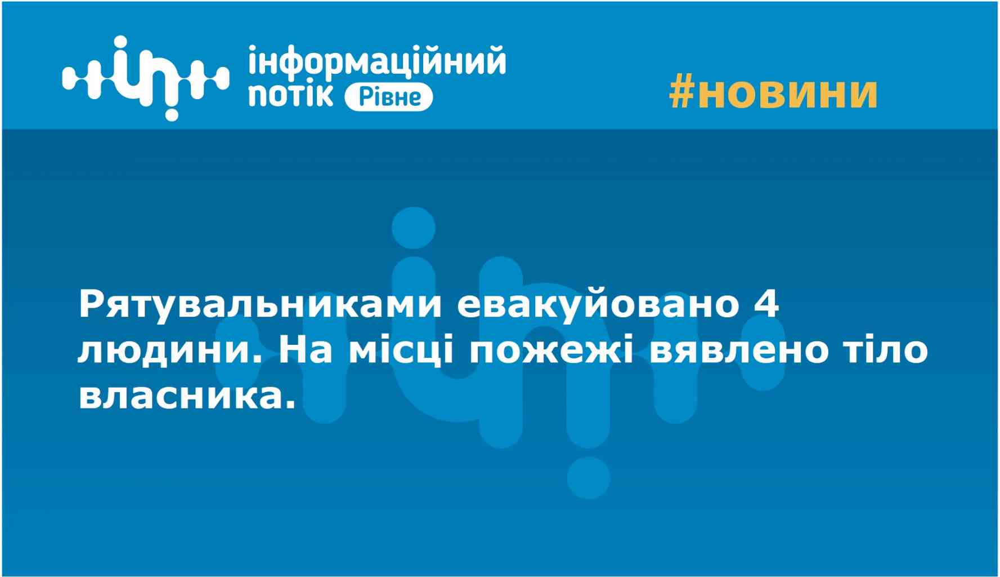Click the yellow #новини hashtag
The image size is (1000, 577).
click(773, 93)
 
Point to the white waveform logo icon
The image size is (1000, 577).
click(146, 78)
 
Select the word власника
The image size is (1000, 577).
click(186, 397)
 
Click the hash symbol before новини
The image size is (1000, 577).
click(682, 93)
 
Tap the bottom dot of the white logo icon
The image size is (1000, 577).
click(171, 114)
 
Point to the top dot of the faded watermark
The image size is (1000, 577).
click(413, 229)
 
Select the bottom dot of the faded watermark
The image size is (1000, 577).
click(588, 478)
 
